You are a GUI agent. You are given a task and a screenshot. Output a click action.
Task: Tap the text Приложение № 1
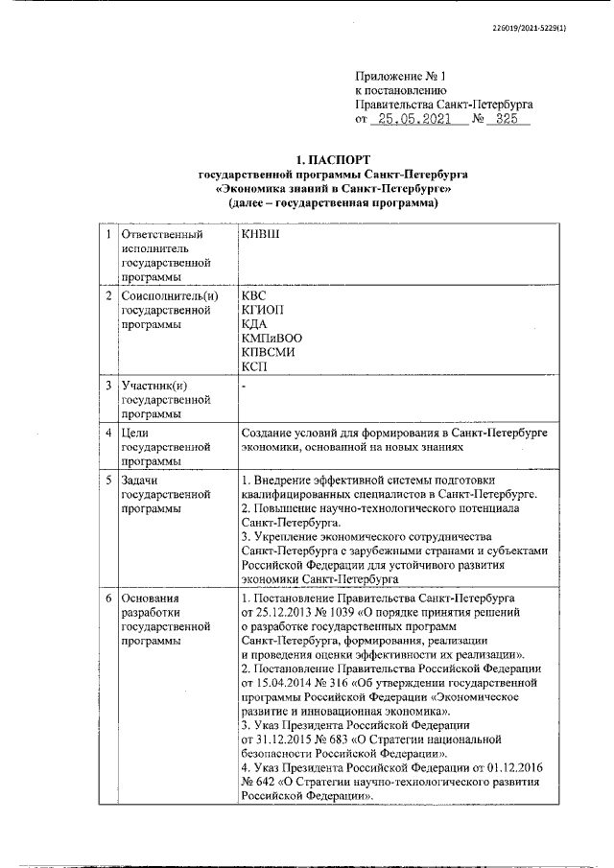pos(401,75)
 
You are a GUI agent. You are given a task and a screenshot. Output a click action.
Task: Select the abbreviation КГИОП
pos(264,310)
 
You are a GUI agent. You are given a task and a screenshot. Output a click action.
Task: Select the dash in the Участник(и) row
pos(245,387)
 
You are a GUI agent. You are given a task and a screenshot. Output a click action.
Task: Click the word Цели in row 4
pos(136,434)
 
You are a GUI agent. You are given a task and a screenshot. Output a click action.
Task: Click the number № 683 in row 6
pos(341,741)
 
